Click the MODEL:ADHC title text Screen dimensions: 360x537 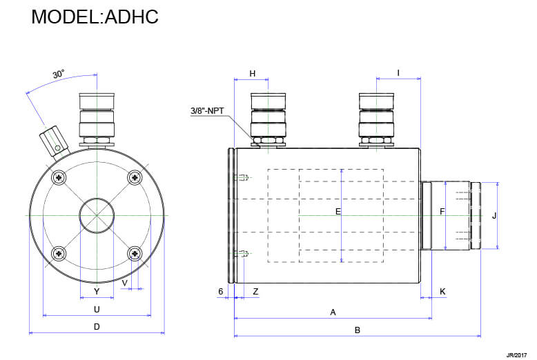95,17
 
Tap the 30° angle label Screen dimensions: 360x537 58,74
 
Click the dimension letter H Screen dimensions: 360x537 252,73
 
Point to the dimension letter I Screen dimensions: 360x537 398,73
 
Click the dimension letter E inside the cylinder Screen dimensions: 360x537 338,212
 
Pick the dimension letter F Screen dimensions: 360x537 442,212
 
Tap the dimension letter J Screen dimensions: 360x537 494,215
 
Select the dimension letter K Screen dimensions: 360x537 442,292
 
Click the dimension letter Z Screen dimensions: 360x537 255,292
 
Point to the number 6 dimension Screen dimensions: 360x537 221,292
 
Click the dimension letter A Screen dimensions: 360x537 333,312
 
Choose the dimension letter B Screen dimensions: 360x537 357,330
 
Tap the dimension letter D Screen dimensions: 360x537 97,327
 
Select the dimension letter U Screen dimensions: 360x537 97,310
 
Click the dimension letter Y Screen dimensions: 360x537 97,292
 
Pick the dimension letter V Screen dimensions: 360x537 124,283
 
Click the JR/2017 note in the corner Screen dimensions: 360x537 516,354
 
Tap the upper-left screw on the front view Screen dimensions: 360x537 61,178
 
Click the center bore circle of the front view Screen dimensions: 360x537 97,216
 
